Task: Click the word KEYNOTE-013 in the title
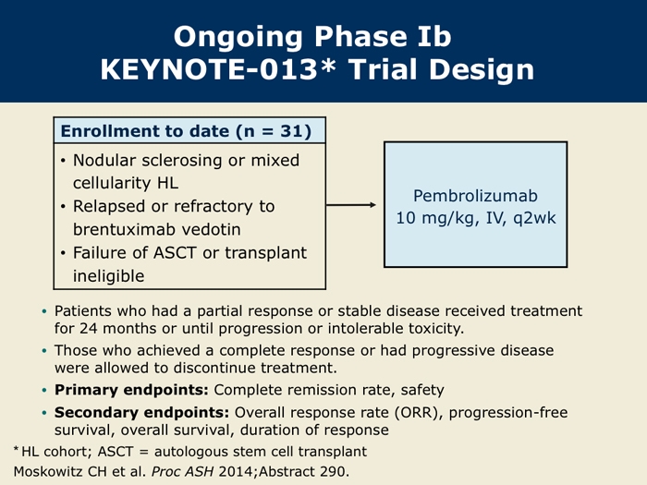coord(209,69)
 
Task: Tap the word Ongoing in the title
coord(238,37)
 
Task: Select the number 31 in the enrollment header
coord(291,131)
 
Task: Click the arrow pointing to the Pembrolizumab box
coord(350,204)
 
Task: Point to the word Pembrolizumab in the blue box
coord(475,196)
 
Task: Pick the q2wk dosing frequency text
coord(534,218)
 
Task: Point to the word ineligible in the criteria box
coord(108,276)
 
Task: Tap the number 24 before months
coord(89,329)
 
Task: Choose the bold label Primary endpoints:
coord(131,390)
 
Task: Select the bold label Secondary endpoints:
coord(141,412)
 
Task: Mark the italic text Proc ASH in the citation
coord(182,471)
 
